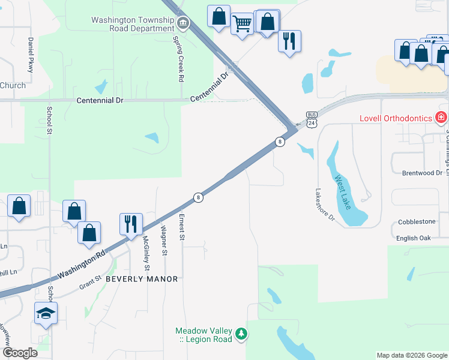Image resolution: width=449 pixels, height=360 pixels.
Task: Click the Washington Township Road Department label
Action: pos(132,24)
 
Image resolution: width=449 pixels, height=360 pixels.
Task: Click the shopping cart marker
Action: pos(242,25)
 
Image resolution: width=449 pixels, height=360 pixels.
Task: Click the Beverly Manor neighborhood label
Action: pos(142,279)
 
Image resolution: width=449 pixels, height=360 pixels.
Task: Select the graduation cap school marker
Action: pos(46,313)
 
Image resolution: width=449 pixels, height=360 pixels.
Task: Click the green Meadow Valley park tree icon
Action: pos(241,333)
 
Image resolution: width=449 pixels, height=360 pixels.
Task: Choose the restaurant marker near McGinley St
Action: pos(131,224)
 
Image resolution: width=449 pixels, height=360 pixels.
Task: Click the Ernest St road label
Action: pos(181,225)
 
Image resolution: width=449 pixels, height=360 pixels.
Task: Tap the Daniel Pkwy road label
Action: pos(30,55)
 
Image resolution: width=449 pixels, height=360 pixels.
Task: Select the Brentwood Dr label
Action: pos(421,173)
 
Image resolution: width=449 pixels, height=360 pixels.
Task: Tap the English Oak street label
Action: pos(414,238)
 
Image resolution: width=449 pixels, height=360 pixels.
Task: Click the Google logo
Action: pos(20,353)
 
